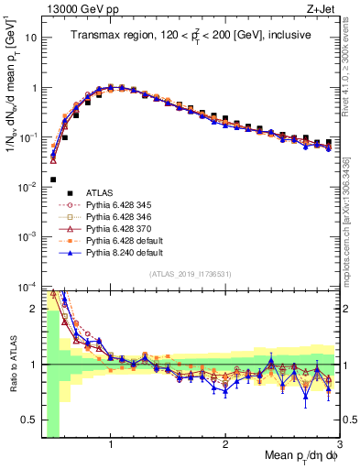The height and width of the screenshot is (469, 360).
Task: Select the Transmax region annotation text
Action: (x=191, y=35)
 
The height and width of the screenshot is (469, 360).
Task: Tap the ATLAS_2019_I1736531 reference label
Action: (x=191, y=273)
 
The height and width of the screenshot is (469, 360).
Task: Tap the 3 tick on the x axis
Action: (x=339, y=444)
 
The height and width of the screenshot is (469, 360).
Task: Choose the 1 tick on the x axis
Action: (x=110, y=444)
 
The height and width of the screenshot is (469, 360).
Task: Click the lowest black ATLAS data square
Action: (x=53, y=180)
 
